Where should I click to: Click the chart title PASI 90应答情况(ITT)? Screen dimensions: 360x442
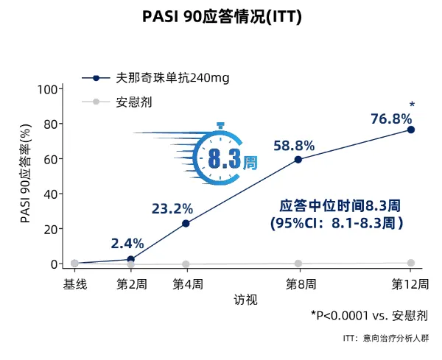[221, 16]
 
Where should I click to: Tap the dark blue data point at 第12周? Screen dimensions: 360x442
[411, 130]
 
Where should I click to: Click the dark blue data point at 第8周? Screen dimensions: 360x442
[298, 159]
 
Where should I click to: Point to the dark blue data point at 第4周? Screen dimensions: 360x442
[186, 223]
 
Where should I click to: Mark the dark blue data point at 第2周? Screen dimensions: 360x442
[130, 259]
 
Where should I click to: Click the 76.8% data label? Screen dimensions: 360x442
[390, 119]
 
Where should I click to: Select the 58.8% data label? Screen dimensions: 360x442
[294, 146]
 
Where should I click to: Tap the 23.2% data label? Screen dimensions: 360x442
[172, 209]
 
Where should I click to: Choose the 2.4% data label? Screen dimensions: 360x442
[127, 243]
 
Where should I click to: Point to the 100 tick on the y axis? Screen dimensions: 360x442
[48, 89]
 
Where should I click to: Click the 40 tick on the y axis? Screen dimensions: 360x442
[51, 194]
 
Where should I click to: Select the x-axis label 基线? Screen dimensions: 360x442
[74, 283]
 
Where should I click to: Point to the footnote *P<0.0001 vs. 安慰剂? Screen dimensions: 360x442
[369, 315]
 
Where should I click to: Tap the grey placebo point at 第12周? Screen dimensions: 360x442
[411, 263]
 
